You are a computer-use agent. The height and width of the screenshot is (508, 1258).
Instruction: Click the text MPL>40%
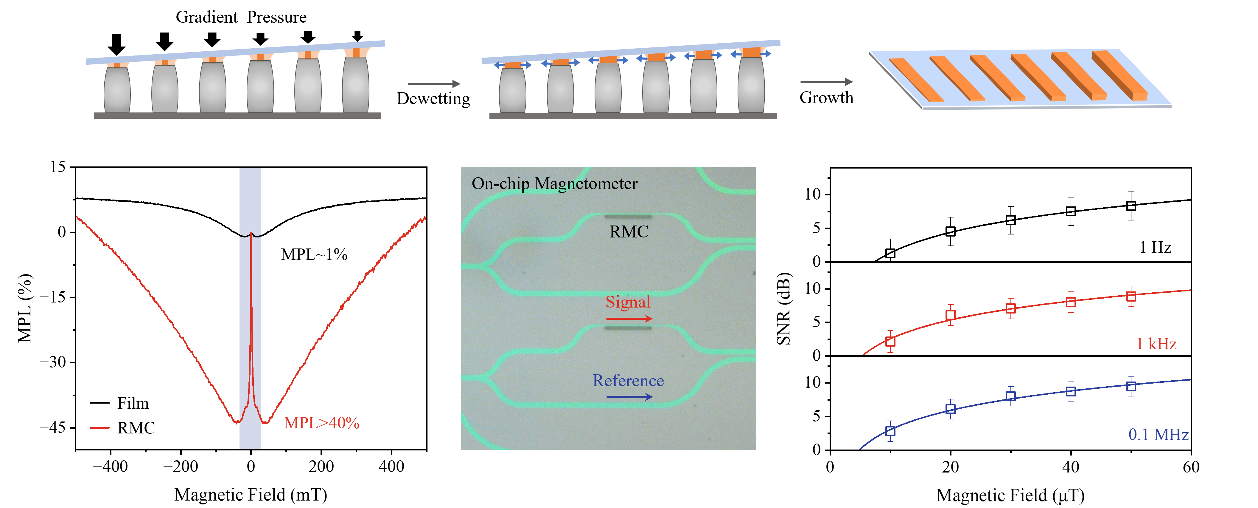(x=321, y=423)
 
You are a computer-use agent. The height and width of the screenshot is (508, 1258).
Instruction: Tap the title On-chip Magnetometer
(x=554, y=184)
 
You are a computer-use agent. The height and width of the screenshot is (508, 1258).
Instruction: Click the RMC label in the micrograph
(x=629, y=232)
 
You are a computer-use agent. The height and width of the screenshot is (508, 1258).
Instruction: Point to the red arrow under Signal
(x=629, y=319)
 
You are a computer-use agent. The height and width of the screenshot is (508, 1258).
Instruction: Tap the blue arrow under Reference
(x=629, y=396)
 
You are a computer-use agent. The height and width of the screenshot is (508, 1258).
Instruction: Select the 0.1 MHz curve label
(x=1159, y=434)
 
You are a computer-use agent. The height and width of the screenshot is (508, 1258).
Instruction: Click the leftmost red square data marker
(x=890, y=342)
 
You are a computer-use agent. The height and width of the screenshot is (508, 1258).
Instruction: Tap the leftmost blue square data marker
(x=890, y=431)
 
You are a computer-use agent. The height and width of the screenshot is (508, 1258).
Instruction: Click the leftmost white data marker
(x=890, y=253)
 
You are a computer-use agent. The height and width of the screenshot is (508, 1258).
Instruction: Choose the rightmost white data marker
(x=1131, y=206)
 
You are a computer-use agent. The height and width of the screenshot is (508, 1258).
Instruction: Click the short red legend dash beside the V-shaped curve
(x=99, y=428)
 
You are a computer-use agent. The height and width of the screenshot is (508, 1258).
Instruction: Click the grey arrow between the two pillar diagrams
(x=434, y=84)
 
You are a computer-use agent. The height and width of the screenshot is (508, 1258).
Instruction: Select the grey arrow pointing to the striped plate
(x=826, y=82)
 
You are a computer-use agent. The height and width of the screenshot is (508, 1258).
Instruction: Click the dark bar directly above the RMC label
(x=628, y=216)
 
